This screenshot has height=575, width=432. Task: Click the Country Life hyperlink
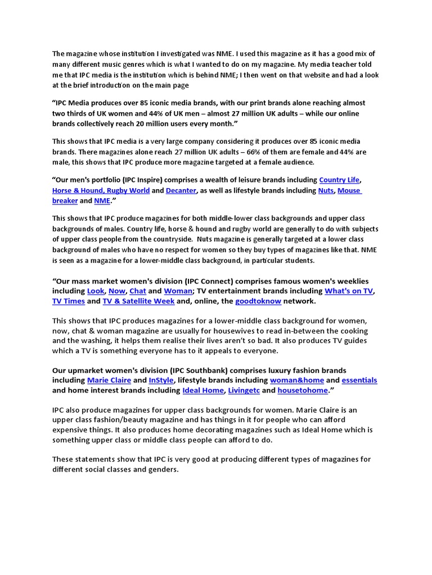click(339, 180)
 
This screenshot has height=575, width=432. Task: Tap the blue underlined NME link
click(102, 200)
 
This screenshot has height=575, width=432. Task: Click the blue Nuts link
click(326, 190)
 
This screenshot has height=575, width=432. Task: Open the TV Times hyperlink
click(69, 301)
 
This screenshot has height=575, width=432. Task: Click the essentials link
click(359, 380)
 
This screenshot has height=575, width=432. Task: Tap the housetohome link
click(303, 390)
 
